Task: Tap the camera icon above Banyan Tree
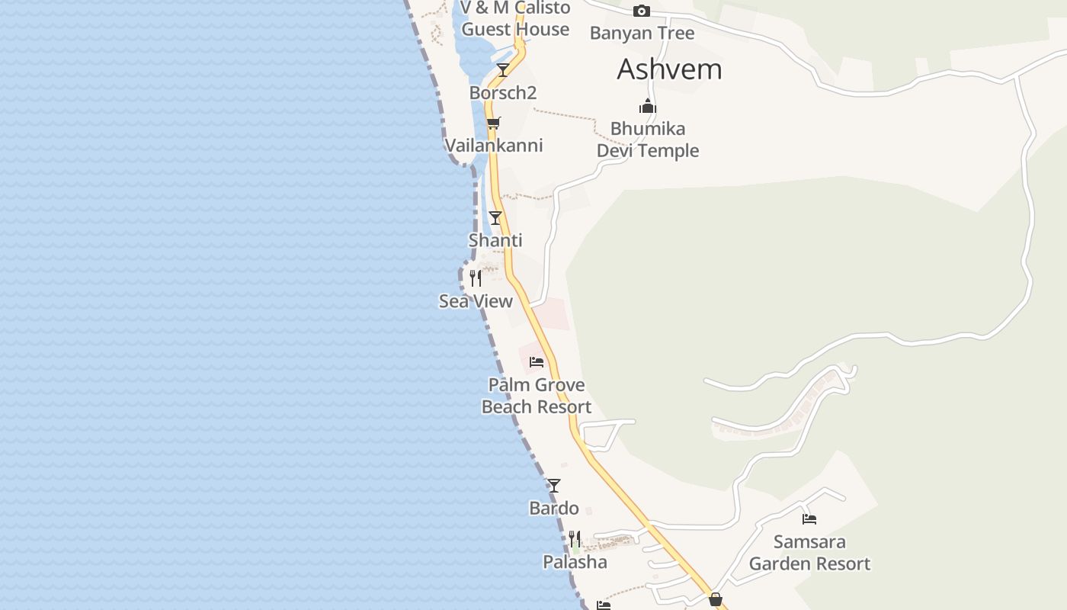(642, 11)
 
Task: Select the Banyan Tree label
(642, 34)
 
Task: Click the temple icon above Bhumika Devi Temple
(647, 106)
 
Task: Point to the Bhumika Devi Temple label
(647, 140)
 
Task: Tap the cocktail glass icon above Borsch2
(502, 70)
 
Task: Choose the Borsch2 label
(503, 93)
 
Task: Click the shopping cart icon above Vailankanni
(493, 123)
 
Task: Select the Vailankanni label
(493, 146)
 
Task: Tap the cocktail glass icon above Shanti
(495, 218)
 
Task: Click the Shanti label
(495, 241)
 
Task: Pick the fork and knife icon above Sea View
(476, 278)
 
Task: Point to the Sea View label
(476, 302)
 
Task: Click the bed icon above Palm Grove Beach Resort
(537, 361)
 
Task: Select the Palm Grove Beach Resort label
(537, 396)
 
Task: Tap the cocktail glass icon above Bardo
(554, 485)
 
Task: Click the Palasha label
(575, 563)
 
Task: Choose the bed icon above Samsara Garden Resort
(809, 519)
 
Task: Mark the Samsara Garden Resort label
(809, 553)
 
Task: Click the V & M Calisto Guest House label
(515, 19)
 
